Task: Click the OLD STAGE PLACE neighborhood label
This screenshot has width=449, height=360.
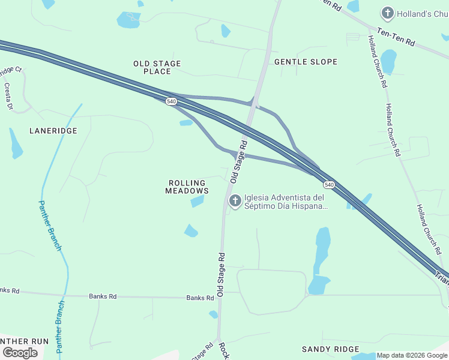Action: [x=157, y=67]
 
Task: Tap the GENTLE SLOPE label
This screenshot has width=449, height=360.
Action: [x=306, y=62]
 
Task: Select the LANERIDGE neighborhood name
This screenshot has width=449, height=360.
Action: [x=53, y=130]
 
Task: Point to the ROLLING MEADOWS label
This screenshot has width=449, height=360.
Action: [x=187, y=187]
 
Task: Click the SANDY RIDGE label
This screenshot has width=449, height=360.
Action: [x=330, y=349]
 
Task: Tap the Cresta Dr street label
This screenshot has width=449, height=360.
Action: [x=8, y=97]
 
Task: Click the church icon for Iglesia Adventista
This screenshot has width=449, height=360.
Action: [x=235, y=200]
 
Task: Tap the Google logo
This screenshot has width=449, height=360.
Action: [x=20, y=353]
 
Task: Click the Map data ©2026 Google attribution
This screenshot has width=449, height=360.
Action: [x=412, y=355]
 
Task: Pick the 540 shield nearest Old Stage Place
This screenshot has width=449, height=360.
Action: [x=172, y=101]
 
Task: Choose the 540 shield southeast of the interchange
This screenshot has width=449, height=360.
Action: [x=328, y=184]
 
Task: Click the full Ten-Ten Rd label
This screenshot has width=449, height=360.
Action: [x=396, y=37]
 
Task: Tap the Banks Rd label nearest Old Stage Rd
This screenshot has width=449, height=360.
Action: [x=200, y=298]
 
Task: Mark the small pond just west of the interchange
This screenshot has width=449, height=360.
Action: [x=186, y=122]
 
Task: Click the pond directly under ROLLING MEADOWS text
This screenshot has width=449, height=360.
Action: [x=197, y=202]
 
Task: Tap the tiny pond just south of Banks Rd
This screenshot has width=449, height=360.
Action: [x=213, y=314]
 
